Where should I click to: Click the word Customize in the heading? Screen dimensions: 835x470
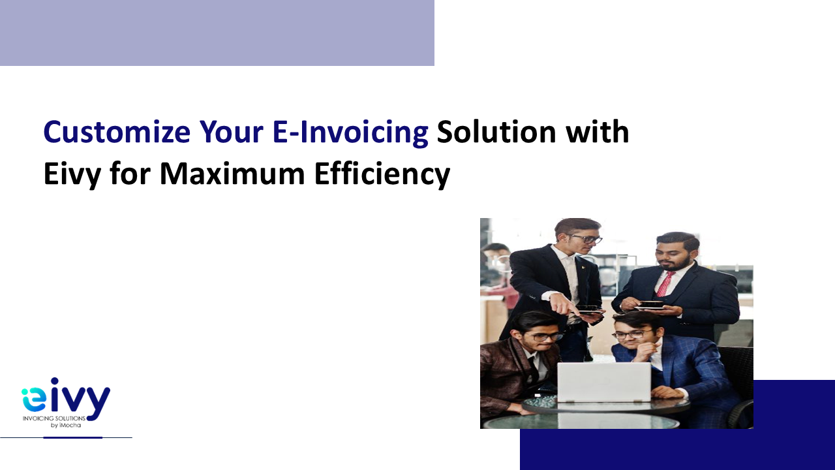(117, 132)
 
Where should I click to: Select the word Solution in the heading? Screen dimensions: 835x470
(496, 132)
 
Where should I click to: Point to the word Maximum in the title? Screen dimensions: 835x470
(232, 174)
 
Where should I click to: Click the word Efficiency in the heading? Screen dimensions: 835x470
(382, 174)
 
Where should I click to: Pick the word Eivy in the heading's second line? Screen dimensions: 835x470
(72, 175)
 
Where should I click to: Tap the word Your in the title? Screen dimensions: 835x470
(231, 132)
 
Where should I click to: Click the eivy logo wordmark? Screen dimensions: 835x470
(66, 398)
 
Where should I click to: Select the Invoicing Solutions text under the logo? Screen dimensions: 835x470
(54, 418)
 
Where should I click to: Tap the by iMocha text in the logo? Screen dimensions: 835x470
(66, 425)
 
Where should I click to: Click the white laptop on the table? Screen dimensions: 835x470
(604, 383)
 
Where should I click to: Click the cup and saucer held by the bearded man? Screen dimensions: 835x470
(650, 305)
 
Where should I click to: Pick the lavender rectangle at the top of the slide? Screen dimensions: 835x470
(217, 33)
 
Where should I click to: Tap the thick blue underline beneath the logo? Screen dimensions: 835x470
(72, 437)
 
